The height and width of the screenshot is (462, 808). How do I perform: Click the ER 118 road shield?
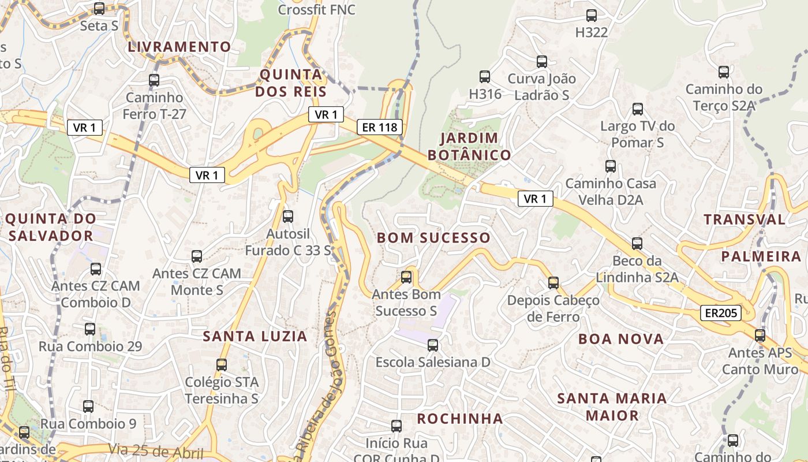pos(379,127)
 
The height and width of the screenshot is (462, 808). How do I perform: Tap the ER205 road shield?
pos(720,313)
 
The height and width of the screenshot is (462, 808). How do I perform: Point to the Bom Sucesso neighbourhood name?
pos(433,237)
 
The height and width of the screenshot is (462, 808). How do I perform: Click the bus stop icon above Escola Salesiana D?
pos(432,345)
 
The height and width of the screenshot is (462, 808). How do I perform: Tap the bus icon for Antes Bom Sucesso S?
pos(406,277)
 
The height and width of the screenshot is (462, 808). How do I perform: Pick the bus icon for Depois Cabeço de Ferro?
pos(553,282)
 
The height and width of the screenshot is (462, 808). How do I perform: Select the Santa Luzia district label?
pos(255,336)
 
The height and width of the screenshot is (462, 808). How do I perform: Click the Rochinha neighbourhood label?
pos(460,418)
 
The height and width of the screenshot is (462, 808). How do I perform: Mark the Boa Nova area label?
pos(621,339)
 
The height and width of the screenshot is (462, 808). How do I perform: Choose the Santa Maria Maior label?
pos(612,407)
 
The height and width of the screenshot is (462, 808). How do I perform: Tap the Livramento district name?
pos(179,47)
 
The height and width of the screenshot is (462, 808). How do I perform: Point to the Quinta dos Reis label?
pos(291,83)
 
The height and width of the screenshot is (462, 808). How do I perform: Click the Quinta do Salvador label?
pos(51,227)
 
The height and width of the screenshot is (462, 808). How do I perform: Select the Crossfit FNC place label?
pos(317,10)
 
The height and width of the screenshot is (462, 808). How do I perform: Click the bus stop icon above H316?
pos(485,76)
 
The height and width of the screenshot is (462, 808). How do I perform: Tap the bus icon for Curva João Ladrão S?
pos(541,61)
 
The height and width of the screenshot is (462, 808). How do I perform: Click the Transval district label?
pos(745,219)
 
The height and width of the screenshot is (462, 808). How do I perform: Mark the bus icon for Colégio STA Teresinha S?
pos(222,364)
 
